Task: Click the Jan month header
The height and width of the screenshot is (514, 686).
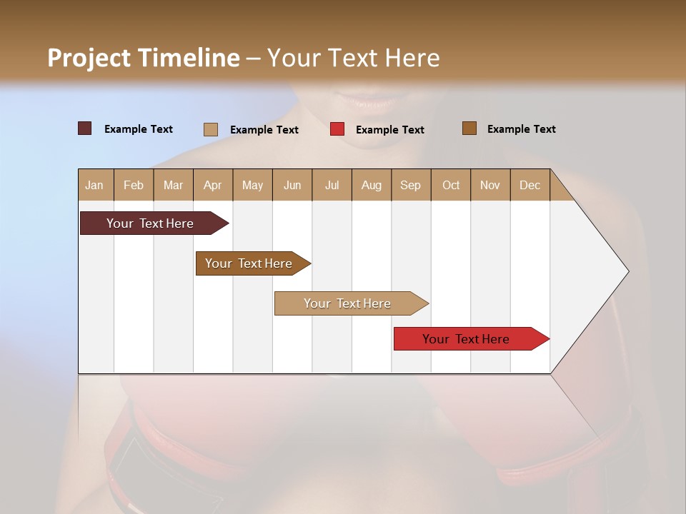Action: [x=95, y=185]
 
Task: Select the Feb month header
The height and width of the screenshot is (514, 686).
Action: [x=134, y=185]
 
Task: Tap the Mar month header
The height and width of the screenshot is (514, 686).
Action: [x=173, y=185]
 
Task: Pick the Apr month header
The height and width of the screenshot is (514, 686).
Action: [x=213, y=185]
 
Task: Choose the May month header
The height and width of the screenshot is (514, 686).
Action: [x=252, y=185]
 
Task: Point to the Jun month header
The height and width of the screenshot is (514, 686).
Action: [x=292, y=185]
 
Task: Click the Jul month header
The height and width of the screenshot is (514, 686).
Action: [x=332, y=185]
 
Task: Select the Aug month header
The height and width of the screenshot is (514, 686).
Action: [x=372, y=185]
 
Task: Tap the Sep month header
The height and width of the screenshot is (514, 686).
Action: [x=411, y=185]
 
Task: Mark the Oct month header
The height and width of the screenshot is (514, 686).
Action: [x=451, y=185]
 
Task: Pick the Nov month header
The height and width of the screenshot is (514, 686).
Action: [x=490, y=185]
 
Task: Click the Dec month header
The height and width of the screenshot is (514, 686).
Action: [x=530, y=185]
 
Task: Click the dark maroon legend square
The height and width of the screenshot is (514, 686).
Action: [x=85, y=128]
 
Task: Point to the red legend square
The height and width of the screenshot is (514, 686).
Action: [x=337, y=129]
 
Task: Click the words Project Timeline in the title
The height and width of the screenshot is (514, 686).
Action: [x=143, y=58]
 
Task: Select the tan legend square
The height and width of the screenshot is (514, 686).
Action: [x=211, y=129]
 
